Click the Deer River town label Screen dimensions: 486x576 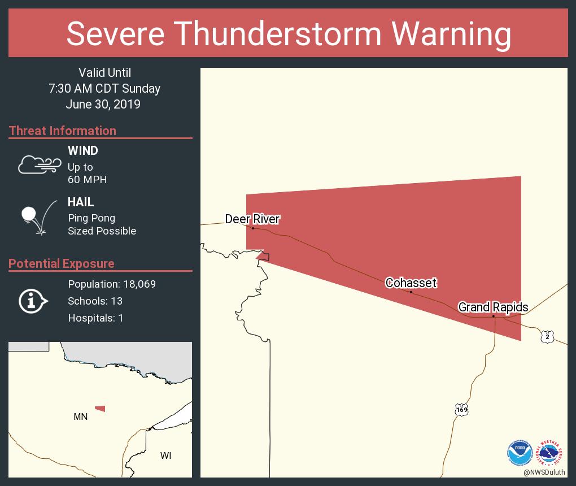click(x=252, y=219)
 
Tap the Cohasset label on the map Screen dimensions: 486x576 click(x=411, y=283)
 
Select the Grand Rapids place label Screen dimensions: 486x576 click(x=493, y=307)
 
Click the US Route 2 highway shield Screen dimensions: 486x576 click(x=547, y=336)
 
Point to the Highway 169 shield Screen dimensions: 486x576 click(x=461, y=409)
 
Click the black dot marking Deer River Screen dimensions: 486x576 click(x=252, y=228)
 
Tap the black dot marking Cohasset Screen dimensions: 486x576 click(x=411, y=292)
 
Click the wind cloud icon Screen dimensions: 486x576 click(x=38, y=164)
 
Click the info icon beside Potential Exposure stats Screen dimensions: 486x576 click(x=33, y=301)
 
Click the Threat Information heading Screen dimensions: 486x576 click(x=62, y=131)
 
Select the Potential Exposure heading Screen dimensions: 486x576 click(x=61, y=263)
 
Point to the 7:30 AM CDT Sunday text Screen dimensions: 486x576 click(x=104, y=88)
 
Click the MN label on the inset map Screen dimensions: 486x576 click(x=80, y=416)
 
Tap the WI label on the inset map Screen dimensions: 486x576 click(x=165, y=455)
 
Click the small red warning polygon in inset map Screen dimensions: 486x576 click(x=100, y=408)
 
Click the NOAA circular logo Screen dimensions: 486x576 click(x=519, y=453)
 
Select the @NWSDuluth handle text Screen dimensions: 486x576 click(x=544, y=472)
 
